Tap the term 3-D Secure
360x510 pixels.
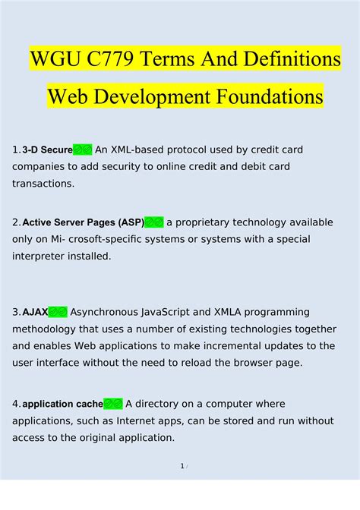[x=47, y=150]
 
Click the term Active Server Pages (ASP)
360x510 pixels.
[x=83, y=222]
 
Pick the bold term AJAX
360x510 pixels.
[x=35, y=312]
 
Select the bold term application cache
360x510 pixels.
[x=62, y=404]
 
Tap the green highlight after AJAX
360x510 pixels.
[x=58, y=312]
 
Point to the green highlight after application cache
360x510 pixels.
[x=112, y=404]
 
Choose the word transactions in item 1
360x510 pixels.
[x=43, y=184]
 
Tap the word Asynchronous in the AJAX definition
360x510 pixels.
[x=109, y=312]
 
